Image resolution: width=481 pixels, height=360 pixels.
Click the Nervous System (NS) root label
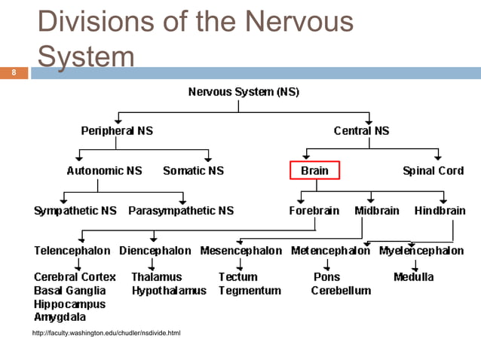tap(243, 93)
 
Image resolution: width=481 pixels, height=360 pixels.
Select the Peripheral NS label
tap(117, 130)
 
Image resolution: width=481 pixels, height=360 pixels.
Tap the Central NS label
tap(361, 130)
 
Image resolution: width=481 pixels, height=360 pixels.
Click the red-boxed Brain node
tap(315, 170)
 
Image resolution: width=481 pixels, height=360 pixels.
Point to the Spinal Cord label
tap(433, 170)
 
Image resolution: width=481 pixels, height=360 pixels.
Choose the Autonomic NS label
tap(105, 170)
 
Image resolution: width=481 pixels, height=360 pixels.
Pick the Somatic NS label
tap(194, 170)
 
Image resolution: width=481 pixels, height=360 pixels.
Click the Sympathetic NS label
tap(75, 211)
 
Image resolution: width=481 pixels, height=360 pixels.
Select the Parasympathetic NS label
tap(181, 211)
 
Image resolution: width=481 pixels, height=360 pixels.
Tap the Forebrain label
tap(314, 211)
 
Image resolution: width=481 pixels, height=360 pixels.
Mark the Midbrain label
tap(377, 211)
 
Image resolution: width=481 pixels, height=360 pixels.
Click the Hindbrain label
tap(440, 211)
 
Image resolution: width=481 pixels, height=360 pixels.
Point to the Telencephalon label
tap(72, 251)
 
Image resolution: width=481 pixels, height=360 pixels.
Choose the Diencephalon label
tap(155, 251)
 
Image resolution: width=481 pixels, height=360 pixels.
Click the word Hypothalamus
tap(169, 290)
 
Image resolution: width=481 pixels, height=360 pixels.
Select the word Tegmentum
tap(250, 290)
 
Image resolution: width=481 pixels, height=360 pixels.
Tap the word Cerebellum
tap(342, 290)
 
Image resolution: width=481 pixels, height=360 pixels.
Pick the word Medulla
tap(414, 276)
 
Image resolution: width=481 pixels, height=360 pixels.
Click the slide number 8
tap(13, 73)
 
